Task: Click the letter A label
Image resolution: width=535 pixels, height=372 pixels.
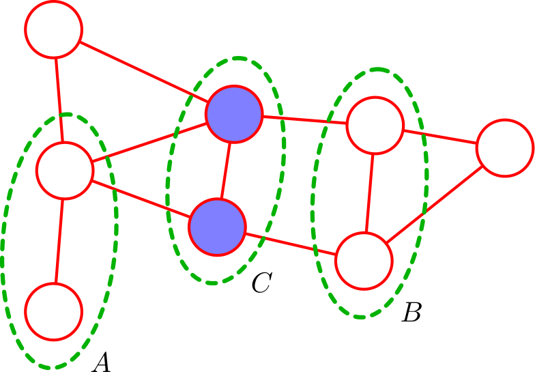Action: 102,362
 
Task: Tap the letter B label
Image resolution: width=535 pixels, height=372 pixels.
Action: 411,312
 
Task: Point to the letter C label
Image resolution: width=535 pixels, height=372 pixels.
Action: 262,283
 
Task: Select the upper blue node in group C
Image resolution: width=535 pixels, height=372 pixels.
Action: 233,114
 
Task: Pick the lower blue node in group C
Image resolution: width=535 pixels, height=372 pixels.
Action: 217,227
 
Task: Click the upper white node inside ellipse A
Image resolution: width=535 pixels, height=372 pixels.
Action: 64,171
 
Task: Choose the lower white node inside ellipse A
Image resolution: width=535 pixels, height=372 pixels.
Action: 54,311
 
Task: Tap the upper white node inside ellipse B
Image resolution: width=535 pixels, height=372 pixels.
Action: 375,125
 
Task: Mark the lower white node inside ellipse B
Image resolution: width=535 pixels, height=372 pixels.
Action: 364,261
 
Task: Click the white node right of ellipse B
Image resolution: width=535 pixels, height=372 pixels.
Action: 505,147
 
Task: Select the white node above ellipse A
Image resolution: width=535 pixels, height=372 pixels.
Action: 53,29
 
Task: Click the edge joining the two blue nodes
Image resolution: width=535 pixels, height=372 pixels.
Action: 225,171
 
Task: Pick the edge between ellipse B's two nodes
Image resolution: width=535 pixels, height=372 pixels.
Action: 370,192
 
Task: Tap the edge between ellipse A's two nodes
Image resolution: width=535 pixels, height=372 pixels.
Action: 59,241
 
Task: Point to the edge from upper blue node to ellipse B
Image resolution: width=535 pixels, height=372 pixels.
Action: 304,119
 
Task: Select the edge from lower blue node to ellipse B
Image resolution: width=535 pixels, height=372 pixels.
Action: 291,244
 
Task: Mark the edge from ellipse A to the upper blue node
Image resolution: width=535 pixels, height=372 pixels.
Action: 149,142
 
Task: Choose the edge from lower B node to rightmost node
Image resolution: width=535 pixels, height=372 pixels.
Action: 434,204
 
